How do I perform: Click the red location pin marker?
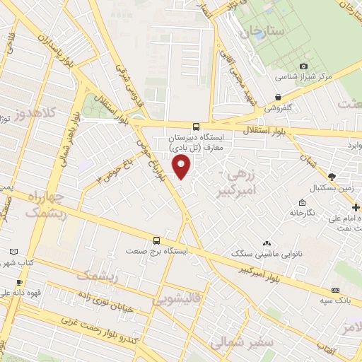pyautogui.click(x=182, y=167)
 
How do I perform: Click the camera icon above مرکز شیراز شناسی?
pyautogui.click(x=304, y=66)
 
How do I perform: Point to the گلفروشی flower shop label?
pyautogui.click(x=282, y=108)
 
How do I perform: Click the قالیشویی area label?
pyautogui.click(x=175, y=301)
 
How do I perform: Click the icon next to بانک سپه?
pyautogui.click(x=336, y=291)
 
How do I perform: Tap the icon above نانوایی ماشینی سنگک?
pyautogui.click(x=266, y=243)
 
